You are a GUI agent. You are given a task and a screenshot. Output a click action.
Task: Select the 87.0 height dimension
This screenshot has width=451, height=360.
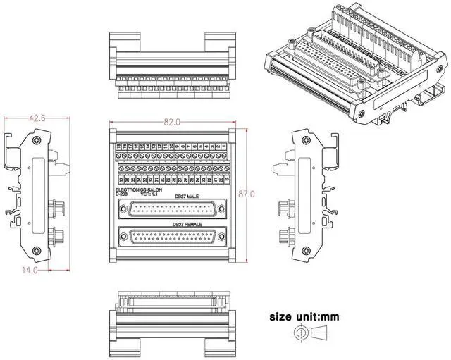coord(246,193)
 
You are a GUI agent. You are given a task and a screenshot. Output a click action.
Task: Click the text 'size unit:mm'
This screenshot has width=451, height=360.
coord(304,317)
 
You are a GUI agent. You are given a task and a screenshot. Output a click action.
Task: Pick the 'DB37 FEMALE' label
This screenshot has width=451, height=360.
coord(187,225)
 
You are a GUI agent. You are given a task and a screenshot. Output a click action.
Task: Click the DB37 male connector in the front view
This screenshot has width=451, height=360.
coord(174,209)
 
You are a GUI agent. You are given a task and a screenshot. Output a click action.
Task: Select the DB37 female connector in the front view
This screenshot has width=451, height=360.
coord(174,240)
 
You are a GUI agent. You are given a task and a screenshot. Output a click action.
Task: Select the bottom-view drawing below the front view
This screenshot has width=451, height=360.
coord(173,321)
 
